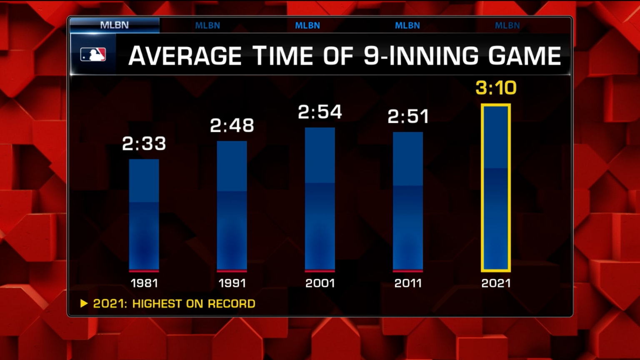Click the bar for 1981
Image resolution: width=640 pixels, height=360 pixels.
point(144,215)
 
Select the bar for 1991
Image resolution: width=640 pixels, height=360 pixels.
point(232,206)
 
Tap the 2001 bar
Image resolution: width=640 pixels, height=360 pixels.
point(320,199)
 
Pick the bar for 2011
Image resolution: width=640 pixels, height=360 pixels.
point(407,201)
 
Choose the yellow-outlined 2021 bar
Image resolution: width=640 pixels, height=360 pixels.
point(496,188)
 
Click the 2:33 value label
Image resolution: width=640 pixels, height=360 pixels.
point(144,144)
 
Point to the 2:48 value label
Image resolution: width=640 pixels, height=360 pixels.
point(232,125)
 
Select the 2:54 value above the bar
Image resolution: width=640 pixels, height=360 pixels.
point(320,112)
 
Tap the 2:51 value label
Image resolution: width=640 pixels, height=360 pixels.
point(408,117)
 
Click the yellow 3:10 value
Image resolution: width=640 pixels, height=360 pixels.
point(496,88)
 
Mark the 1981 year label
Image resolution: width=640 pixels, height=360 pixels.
point(144,283)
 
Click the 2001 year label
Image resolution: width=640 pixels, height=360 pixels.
point(320,283)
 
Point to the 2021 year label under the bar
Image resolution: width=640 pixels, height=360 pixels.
point(496,283)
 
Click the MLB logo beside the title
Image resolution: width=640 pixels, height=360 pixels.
point(93,55)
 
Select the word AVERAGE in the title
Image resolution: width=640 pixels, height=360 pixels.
point(185,56)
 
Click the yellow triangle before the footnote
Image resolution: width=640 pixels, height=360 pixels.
point(84,303)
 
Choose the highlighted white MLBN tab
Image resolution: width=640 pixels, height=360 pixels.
point(114,25)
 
